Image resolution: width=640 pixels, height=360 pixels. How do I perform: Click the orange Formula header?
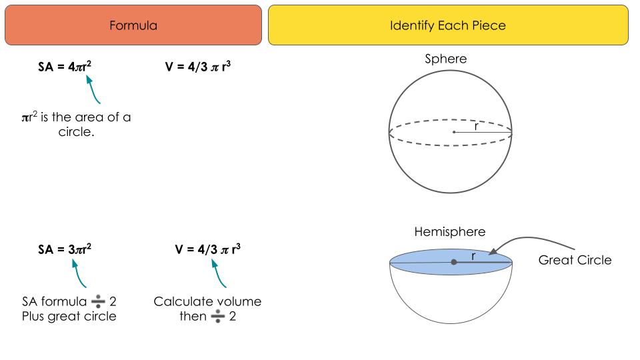[x=133, y=25]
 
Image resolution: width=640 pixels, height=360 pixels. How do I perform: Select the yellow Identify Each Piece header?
[x=448, y=25]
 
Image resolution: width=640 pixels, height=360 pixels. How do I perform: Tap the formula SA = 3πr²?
[x=65, y=249]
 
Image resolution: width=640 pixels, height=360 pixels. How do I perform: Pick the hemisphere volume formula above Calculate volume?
[x=208, y=249]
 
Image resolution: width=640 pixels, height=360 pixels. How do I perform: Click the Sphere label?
[x=446, y=59]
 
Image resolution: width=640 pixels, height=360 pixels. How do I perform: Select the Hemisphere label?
[x=450, y=232]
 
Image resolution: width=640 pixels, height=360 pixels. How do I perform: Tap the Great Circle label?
[x=575, y=260]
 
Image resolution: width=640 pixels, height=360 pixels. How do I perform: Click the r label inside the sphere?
[x=476, y=125]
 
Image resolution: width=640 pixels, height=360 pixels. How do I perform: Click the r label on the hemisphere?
[x=473, y=255]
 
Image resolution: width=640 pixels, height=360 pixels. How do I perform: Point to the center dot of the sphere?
[x=454, y=132]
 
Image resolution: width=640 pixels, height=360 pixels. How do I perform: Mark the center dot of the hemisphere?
[x=454, y=262]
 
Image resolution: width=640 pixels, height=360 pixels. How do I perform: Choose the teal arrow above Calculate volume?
[x=218, y=273]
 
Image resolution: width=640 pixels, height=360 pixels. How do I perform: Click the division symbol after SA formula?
[x=99, y=302]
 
